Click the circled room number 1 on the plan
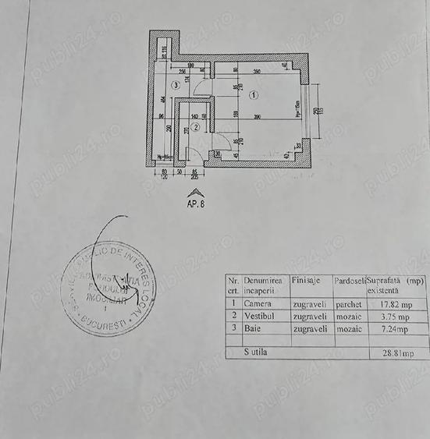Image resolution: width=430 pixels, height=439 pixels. click(254, 97)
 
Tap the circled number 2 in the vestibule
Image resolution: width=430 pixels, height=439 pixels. click(197, 126)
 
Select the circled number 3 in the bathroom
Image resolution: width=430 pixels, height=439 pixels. click(177, 85)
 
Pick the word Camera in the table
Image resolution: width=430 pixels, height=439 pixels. click(258, 305)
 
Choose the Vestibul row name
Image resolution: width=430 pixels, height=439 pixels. click(261, 317)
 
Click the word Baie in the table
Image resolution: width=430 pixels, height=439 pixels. click(254, 330)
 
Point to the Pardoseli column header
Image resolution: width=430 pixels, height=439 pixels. click(349, 279)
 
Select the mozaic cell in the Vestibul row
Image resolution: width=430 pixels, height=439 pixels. click(347, 317)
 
